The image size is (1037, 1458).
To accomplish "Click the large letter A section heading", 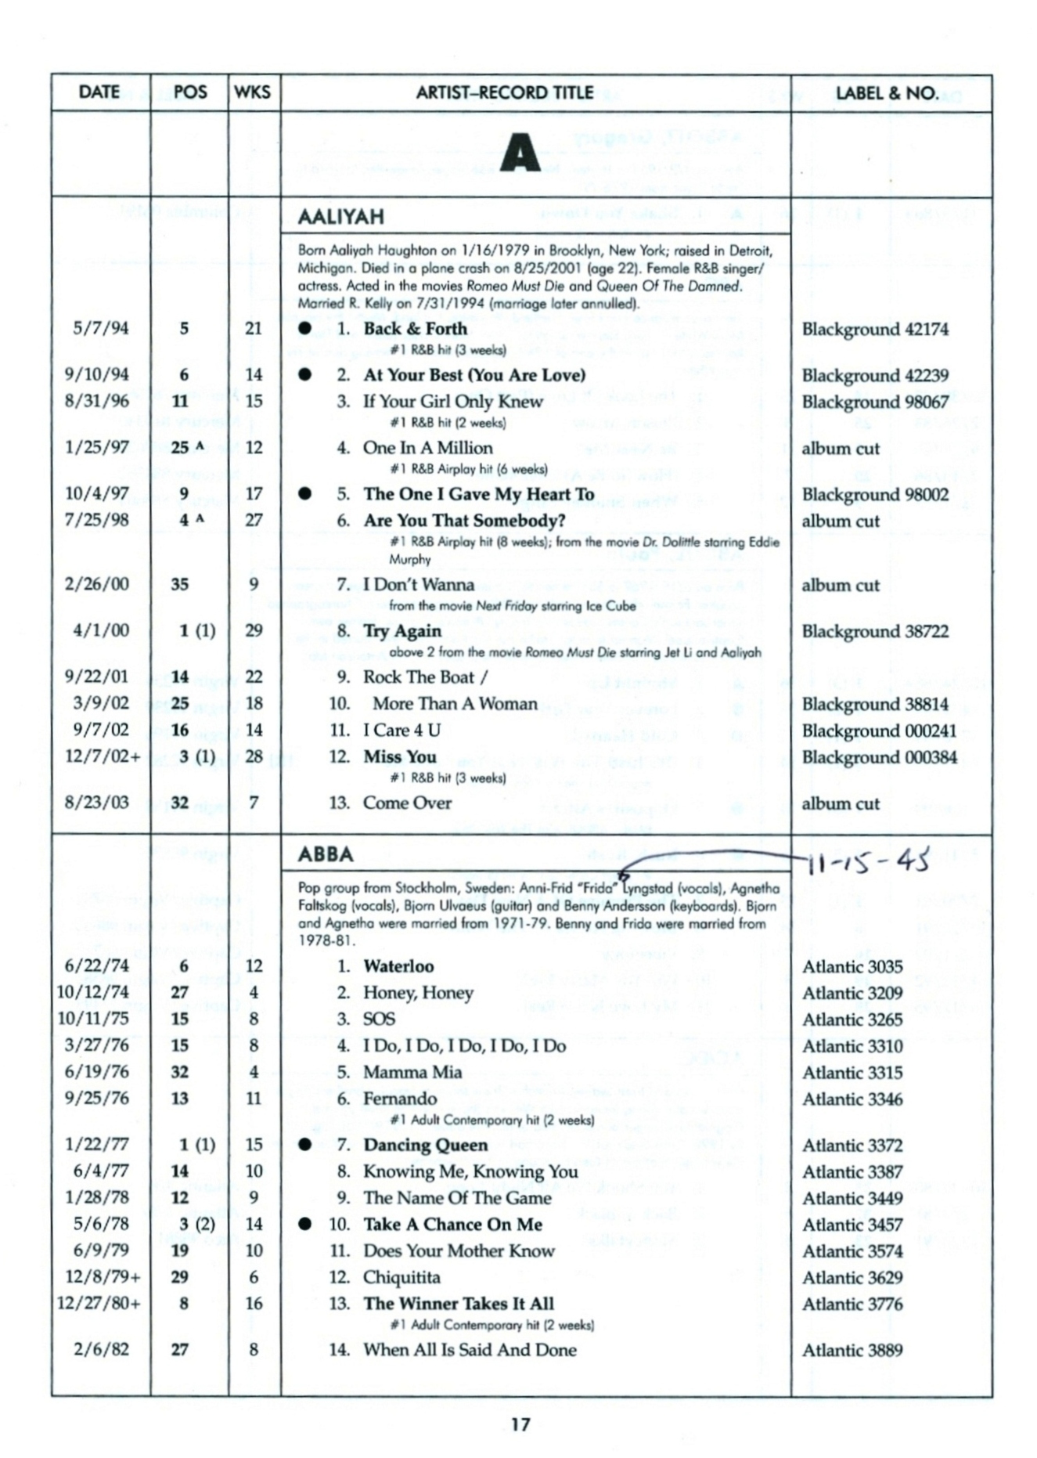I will click(520, 152).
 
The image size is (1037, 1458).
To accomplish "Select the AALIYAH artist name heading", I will click(340, 217).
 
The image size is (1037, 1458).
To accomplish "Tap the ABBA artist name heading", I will click(325, 854).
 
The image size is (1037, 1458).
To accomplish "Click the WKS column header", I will click(252, 92).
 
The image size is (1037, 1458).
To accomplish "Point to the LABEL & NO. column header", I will click(887, 93).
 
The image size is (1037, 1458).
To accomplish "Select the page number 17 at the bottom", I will click(520, 1424).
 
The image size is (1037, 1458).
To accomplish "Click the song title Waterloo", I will click(398, 966).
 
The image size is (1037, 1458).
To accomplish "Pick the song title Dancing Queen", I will click(425, 1145).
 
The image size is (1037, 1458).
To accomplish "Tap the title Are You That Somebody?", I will click(464, 521).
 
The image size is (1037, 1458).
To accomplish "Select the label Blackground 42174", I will click(874, 329).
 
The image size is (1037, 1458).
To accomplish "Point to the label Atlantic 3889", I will click(852, 1350).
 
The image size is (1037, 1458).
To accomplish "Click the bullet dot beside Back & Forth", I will click(304, 329).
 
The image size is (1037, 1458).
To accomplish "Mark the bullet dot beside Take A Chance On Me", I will click(304, 1225).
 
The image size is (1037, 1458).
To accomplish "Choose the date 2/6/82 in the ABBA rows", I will click(101, 1350).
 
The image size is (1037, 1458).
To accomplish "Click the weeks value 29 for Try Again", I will click(254, 630).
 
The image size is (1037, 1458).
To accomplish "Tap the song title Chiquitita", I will click(401, 1277).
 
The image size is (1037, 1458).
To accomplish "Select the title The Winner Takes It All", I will click(458, 1304).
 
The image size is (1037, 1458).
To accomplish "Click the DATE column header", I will click(99, 92).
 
